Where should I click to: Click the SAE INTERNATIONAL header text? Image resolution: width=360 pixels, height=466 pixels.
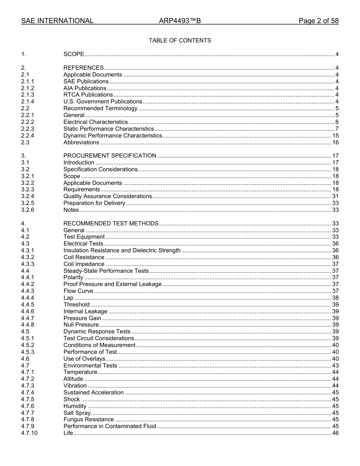pyautogui.click(x=57, y=21)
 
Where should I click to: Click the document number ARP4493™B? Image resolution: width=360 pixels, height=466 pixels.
pyautogui.click(x=180, y=21)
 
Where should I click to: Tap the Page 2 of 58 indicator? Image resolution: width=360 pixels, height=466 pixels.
pyautogui.click(x=318, y=21)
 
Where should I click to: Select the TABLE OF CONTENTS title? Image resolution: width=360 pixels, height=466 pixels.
pyautogui.click(x=180, y=41)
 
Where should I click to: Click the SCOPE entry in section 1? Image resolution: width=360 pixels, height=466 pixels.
pyautogui.click(x=74, y=54)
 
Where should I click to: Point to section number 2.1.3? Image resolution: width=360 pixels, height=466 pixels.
pyautogui.click(x=28, y=95)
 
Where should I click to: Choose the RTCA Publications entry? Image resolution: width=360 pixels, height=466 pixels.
pyautogui.click(x=88, y=95)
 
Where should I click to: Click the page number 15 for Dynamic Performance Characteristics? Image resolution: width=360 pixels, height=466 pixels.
pyautogui.click(x=335, y=136)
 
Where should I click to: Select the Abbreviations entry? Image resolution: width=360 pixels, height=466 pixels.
pyautogui.click(x=81, y=142)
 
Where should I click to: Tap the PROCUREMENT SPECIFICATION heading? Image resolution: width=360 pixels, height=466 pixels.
pyautogui.click(x=110, y=156)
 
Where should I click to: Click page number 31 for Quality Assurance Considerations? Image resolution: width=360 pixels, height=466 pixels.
pyautogui.click(x=335, y=196)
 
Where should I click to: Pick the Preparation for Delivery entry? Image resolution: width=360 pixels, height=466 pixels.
pyautogui.click(x=94, y=203)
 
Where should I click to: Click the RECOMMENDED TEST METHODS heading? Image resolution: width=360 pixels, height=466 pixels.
pyautogui.click(x=111, y=224)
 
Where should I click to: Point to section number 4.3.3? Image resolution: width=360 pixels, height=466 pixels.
pyautogui.click(x=28, y=264)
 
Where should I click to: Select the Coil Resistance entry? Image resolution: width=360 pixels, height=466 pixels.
pyautogui.click(x=84, y=257)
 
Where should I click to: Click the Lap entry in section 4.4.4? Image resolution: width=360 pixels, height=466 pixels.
pyautogui.click(x=68, y=298)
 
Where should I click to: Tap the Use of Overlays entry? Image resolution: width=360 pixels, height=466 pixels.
pyautogui.click(x=84, y=359)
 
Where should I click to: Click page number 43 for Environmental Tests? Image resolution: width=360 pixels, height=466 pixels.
pyautogui.click(x=335, y=366)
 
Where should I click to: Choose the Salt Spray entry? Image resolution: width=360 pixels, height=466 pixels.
pyautogui.click(x=77, y=413)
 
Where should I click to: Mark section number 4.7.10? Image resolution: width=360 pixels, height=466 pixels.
pyautogui.click(x=29, y=433)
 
